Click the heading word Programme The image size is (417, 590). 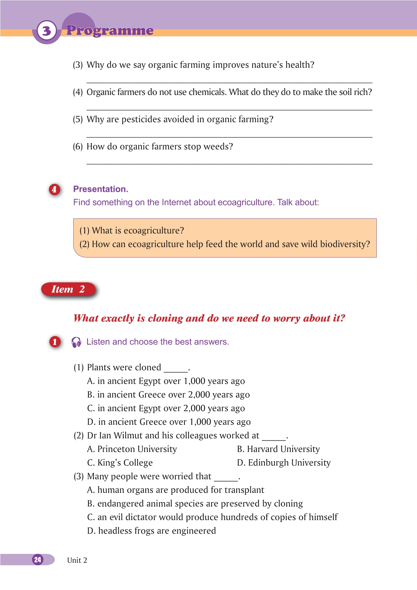(110, 30)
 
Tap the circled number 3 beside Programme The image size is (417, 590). (47, 31)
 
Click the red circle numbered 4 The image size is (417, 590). (54, 189)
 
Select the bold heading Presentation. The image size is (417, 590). (100, 189)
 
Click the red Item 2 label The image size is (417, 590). (68, 289)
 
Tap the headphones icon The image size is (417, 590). (76, 342)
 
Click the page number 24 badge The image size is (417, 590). (38, 560)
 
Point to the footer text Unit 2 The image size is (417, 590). (77, 560)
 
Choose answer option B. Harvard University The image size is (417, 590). (278, 449)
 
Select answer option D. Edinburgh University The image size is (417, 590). (284, 463)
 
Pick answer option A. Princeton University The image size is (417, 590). (132, 449)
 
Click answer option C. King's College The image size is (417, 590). (120, 463)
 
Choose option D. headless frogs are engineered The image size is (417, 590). (151, 531)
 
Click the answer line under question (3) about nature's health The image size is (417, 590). (229, 82)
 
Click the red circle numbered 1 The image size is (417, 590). (55, 342)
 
